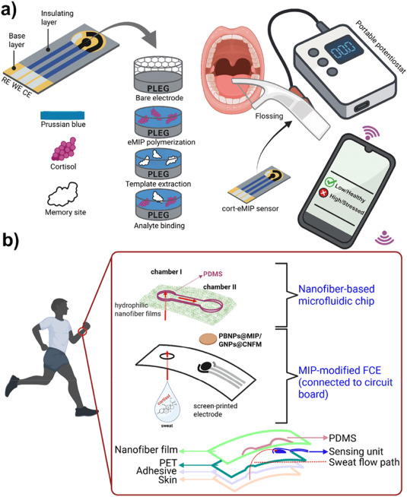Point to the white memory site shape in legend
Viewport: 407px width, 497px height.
(58, 188)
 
